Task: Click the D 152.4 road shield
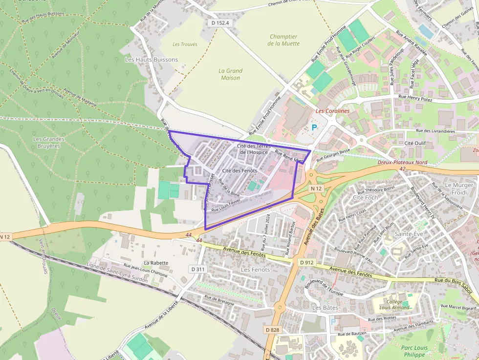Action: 220,22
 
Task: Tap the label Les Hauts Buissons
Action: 152,60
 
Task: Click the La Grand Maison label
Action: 230,74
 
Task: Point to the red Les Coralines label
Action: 332,111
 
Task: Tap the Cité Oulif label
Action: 415,143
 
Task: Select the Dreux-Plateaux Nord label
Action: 403,162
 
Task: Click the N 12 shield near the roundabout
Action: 316,188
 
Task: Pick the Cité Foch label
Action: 365,197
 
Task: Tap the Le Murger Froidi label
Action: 459,189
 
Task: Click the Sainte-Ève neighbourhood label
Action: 409,234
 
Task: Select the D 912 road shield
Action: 306,262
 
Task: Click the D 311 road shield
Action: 198,269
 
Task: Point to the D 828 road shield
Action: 273,330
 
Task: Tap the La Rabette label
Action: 156,263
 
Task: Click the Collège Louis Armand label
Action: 394,304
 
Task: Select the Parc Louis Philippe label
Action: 414,351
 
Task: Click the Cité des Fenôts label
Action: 239,170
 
